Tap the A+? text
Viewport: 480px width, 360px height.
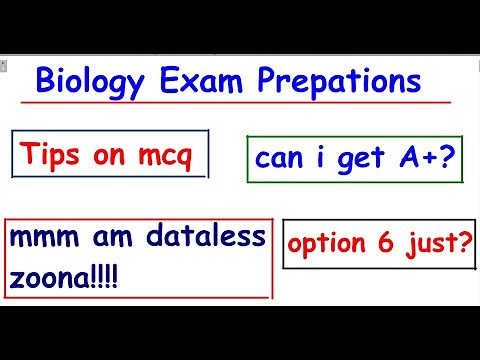point(424,159)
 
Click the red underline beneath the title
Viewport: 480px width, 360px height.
point(240,102)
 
